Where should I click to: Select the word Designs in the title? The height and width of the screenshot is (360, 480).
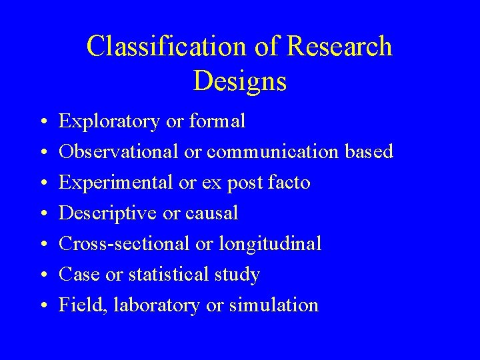coord(240,81)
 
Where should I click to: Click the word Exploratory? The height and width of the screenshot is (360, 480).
coord(109,121)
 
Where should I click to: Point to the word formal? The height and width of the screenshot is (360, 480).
coord(217,121)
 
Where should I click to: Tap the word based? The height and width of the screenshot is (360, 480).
coord(368,151)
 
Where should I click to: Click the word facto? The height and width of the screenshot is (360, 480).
coord(289,182)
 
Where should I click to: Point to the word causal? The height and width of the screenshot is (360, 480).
coord(212,213)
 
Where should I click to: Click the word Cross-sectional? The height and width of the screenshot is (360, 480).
coord(124,244)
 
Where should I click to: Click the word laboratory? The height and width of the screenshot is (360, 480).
coord(156,305)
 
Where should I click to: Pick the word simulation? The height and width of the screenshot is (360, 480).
coord(274,305)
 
